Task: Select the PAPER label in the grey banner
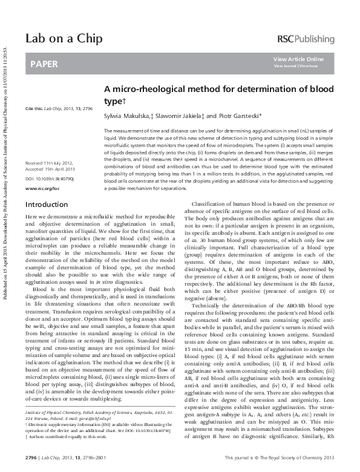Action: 42,63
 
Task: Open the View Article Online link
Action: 298,59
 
